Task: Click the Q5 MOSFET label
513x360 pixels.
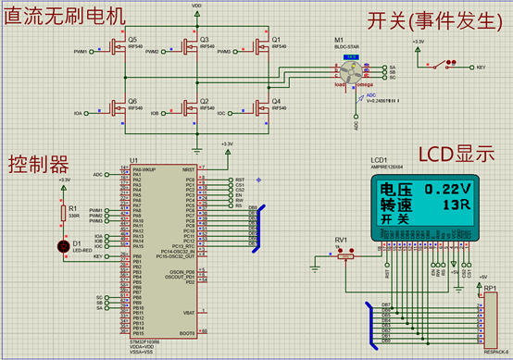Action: click(132, 40)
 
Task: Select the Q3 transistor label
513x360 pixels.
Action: click(205, 40)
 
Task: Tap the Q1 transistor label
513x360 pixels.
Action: click(275, 40)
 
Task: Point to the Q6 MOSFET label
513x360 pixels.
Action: click(132, 101)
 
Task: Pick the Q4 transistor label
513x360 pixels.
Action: click(275, 101)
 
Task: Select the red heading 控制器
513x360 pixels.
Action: click(39, 165)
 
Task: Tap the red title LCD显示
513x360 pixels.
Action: click(457, 153)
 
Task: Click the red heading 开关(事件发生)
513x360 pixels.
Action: click(427, 19)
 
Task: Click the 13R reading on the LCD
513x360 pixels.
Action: click(454, 205)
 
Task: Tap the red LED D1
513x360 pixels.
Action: click(63, 245)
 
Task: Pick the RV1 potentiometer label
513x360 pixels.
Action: click(341, 240)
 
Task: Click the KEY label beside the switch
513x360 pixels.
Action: click(481, 68)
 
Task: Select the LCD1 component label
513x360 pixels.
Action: click(379, 159)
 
